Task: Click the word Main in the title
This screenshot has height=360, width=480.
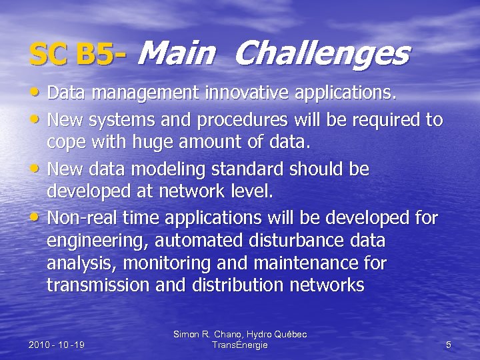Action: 177,53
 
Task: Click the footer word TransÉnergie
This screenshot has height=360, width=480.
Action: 239,345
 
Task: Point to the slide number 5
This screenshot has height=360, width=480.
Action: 448,345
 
